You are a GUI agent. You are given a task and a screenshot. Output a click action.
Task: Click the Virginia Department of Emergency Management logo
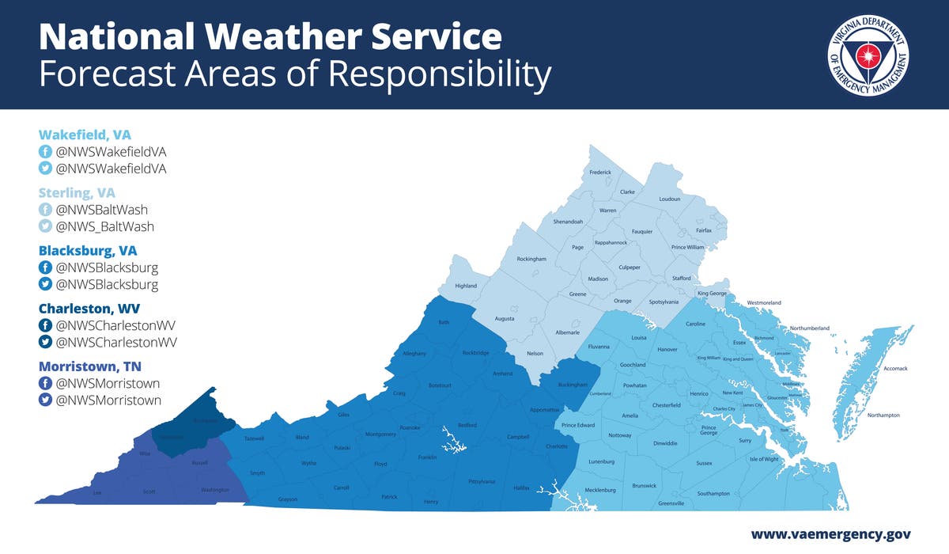point(868,55)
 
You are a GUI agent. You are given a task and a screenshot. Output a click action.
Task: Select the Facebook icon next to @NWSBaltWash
point(46,210)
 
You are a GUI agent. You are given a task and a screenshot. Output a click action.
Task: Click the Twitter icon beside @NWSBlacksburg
point(46,285)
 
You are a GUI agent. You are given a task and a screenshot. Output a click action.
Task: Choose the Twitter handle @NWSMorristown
point(108,400)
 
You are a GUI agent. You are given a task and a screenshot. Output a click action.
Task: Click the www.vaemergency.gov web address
point(830,534)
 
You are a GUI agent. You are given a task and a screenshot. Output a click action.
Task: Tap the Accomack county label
point(894,369)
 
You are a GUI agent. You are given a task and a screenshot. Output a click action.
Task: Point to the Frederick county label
point(600,173)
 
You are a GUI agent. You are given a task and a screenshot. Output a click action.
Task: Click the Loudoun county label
point(669,199)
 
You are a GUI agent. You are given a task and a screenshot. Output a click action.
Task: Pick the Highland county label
point(466,286)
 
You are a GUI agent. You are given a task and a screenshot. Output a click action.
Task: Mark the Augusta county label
point(504,319)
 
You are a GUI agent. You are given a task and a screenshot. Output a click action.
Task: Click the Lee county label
point(97,492)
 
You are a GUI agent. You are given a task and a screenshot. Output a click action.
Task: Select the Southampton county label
point(713,493)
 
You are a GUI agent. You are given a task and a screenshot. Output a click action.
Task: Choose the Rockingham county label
point(531,259)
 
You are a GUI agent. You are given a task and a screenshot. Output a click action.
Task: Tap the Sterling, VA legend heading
point(77,192)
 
